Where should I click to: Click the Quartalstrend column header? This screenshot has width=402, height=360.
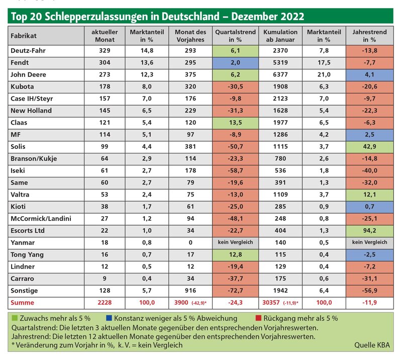tap(235, 36)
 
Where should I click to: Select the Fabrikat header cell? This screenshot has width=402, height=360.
tap(46, 36)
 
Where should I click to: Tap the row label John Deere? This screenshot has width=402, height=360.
tap(28, 75)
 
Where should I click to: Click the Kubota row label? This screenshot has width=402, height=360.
tap(22, 86)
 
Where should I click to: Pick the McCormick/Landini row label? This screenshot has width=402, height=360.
tap(41, 219)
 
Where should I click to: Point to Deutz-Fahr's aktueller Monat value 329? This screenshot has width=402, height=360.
tap(105, 51)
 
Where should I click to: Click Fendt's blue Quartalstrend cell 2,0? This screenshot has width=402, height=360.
tap(235, 63)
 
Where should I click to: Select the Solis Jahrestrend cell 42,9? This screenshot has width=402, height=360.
tap(369, 146)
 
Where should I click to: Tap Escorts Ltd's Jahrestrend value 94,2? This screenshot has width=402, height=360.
tap(369, 231)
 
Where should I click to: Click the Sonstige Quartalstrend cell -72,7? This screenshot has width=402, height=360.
tap(235, 291)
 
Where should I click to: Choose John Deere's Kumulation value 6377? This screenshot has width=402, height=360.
tap(280, 75)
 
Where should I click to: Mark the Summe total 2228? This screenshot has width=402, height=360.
tap(105, 303)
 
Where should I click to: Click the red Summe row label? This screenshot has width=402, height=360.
tap(22, 303)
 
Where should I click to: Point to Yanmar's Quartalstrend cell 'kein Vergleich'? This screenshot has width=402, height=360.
tap(235, 242)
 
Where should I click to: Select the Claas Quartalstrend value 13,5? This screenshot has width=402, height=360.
tap(235, 123)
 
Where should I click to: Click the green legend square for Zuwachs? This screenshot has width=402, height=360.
tap(15, 318)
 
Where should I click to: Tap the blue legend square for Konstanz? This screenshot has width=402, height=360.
tap(109, 318)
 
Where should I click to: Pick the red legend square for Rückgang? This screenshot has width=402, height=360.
tap(258, 318)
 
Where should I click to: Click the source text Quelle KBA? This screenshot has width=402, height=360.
tap(372, 345)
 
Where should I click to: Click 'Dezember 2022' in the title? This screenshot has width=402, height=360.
tap(268, 16)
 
